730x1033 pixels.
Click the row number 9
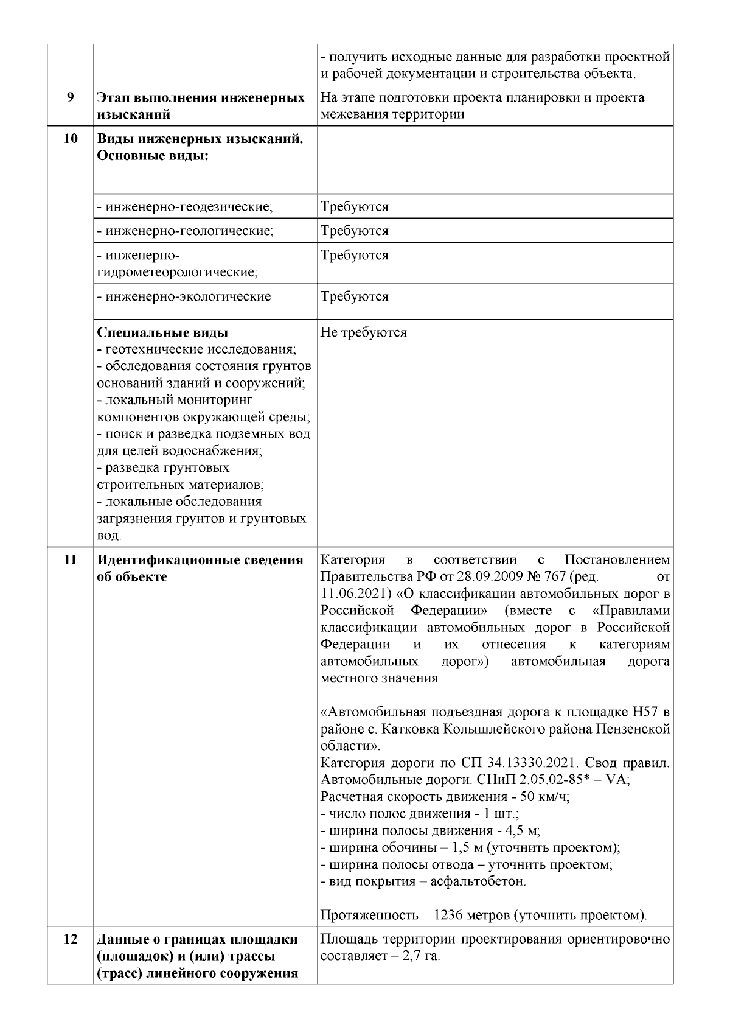(70, 97)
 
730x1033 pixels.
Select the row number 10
(70, 139)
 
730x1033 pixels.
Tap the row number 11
(70, 560)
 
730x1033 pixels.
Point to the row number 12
(70, 956)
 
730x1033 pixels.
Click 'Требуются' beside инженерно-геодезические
(355, 207)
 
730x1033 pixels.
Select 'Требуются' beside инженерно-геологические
(355, 231)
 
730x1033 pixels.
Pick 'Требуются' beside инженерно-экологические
(355, 297)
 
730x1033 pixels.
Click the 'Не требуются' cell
(364, 333)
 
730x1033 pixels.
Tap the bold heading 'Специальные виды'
(162, 333)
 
